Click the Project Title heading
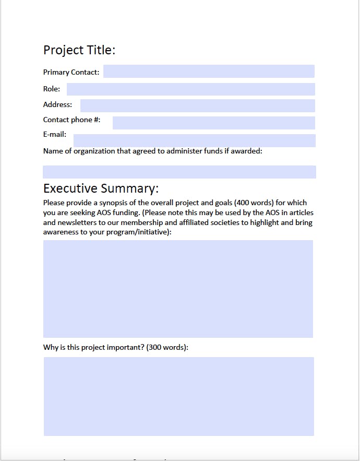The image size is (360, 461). tap(79, 50)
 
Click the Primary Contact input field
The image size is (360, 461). tap(209, 72)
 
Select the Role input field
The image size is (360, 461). tap(190, 89)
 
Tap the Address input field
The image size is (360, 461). tap(197, 105)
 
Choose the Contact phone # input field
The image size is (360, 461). tap(213, 123)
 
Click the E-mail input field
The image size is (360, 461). tap(194, 140)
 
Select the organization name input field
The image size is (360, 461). tap(179, 172)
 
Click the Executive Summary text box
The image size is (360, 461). tap(178, 289)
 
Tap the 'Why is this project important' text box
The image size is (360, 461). tap(178, 396)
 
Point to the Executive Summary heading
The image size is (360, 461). tap(101, 188)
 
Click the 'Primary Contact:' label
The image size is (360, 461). tap(71, 73)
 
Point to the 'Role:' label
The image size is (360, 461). tap(52, 89)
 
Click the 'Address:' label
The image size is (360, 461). tap(57, 105)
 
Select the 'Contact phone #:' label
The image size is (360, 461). tap(71, 120)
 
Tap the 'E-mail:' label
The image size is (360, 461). tap(55, 135)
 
